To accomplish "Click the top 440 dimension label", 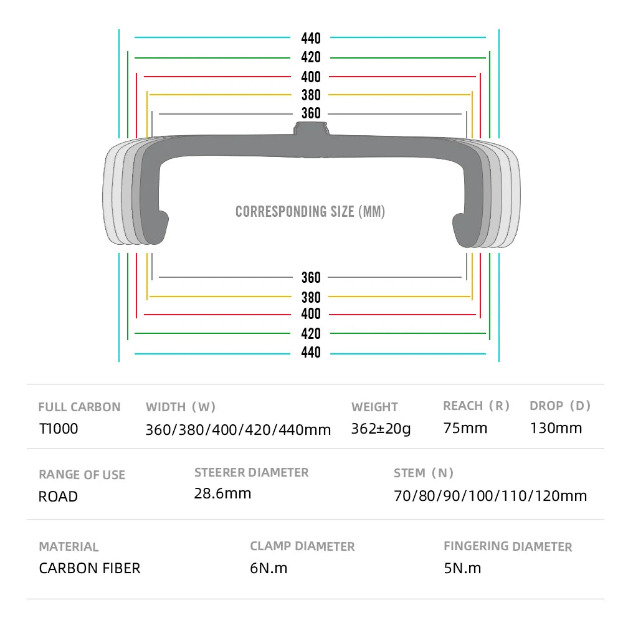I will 311,39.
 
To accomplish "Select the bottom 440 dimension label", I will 311,353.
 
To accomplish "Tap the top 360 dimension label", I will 311,113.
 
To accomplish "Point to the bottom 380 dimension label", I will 311,297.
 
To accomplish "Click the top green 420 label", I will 311,57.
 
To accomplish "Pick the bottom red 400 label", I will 311,315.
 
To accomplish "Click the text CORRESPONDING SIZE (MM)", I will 310,212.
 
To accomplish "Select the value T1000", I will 59,429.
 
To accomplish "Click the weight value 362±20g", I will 381,429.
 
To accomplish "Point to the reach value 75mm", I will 465,428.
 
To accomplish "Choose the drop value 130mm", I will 556,428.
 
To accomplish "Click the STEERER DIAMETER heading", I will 251,472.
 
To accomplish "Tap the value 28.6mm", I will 222,493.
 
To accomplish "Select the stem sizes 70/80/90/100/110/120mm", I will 490,496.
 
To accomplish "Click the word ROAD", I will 59,497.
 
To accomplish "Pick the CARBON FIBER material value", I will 90,568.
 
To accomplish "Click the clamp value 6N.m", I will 269,568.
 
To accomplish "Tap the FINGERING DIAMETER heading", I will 508,546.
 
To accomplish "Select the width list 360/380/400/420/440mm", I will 238,429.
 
